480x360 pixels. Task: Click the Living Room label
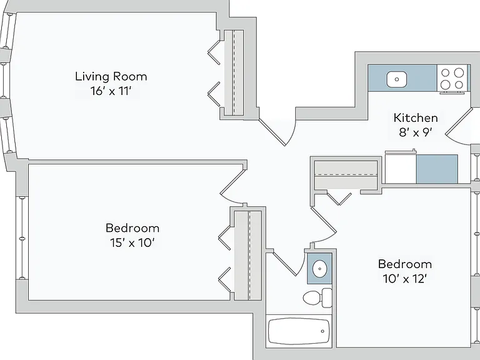(111, 76)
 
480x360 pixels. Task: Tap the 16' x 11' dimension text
(111, 91)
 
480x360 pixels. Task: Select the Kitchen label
(416, 118)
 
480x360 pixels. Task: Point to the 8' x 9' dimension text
(416, 132)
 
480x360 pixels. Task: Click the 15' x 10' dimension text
(132, 242)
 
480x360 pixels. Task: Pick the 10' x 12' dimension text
(405, 279)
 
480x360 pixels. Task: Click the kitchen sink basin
(397, 79)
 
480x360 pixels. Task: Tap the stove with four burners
(452, 79)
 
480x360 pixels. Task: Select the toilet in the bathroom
(317, 297)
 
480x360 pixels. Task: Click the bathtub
(299, 331)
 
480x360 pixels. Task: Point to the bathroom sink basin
(320, 269)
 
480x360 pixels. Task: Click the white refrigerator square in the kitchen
(401, 169)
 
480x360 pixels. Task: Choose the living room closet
(234, 72)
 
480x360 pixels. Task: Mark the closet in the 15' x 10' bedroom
(248, 255)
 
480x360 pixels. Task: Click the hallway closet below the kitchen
(346, 175)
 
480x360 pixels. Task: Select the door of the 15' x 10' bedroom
(232, 186)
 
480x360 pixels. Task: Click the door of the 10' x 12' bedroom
(324, 224)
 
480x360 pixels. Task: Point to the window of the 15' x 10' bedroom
(22, 238)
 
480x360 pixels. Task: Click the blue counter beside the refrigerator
(437, 169)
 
